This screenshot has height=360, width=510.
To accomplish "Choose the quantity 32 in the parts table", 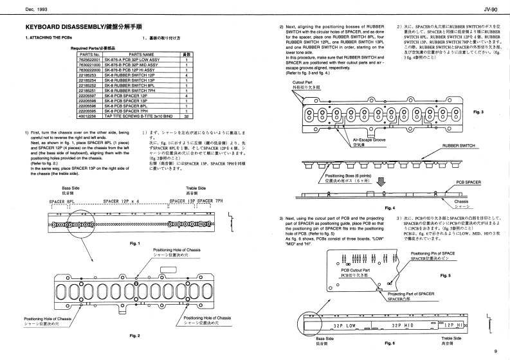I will (186, 116).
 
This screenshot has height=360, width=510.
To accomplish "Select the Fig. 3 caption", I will (477, 112).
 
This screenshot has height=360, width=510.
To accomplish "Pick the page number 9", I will (496, 351).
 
